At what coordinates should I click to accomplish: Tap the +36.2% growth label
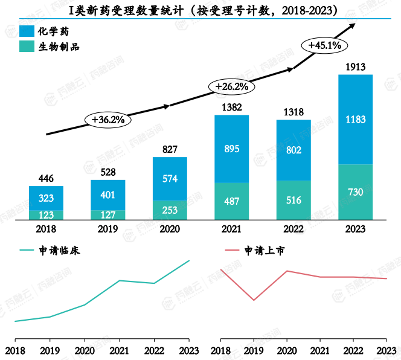pyautogui.click(x=108, y=120)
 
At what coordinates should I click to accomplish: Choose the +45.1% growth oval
pyautogui.click(x=324, y=45)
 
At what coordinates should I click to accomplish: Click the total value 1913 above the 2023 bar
pyautogui.click(x=355, y=66)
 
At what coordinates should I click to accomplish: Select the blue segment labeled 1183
pyautogui.click(x=355, y=120)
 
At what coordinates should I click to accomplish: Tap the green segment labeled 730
pyautogui.click(x=355, y=192)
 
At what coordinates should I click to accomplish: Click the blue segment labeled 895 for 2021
pyautogui.click(x=231, y=149)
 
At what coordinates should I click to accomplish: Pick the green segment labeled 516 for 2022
pyautogui.click(x=294, y=200)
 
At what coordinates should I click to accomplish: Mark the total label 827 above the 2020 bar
pyautogui.click(x=170, y=149)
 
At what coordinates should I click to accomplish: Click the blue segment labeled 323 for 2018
pyautogui.click(x=46, y=198)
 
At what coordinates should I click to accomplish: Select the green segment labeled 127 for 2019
pyautogui.click(x=108, y=215)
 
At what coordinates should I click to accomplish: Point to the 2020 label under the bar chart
pyautogui.click(x=170, y=230)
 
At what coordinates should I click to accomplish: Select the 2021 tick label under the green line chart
pyautogui.click(x=119, y=350)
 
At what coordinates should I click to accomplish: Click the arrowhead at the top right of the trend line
pyautogui.click(x=353, y=25)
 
